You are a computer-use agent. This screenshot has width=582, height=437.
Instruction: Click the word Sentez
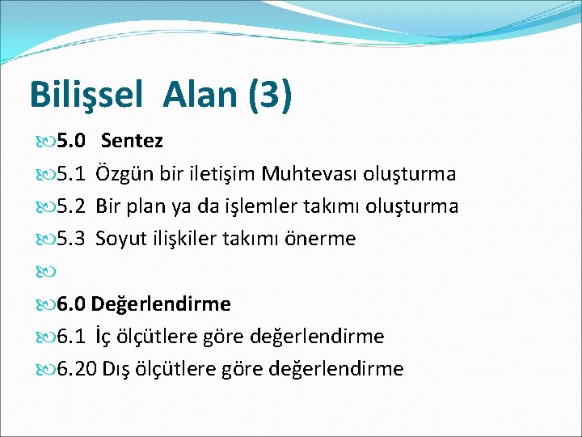pos(133,142)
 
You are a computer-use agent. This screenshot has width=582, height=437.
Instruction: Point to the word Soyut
pos(120,239)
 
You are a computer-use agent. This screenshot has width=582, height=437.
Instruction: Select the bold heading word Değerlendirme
pos(161,304)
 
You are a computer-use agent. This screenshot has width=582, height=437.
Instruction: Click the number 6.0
pos(70,304)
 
